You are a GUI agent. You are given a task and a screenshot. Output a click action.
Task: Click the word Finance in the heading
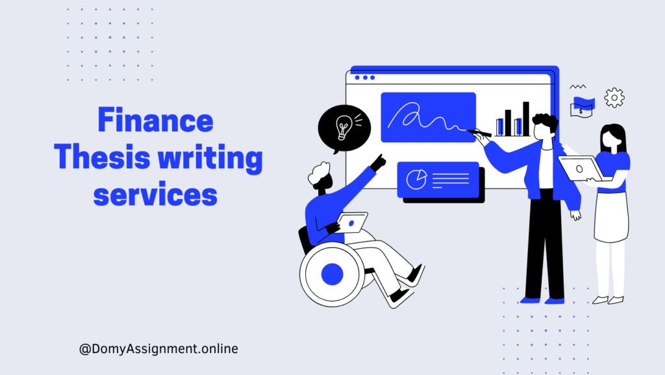(155, 120)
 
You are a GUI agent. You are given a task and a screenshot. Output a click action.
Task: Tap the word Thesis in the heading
(102, 157)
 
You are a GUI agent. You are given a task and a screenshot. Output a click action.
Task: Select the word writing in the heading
(210, 159)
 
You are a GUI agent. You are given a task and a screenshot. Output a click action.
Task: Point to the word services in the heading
(155, 195)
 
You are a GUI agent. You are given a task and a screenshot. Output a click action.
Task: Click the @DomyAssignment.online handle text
(158, 349)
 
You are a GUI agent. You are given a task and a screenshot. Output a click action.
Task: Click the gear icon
(614, 97)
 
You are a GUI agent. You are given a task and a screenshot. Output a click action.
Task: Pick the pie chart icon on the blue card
(416, 179)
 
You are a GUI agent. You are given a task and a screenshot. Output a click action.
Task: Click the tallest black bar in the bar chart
(526, 119)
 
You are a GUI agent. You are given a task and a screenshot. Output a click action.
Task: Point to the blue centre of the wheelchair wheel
(332, 274)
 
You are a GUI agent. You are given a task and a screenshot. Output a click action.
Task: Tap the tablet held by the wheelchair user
(352, 223)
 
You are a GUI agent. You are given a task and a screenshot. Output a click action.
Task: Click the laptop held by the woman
(580, 168)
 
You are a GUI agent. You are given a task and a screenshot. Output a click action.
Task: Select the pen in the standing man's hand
(479, 133)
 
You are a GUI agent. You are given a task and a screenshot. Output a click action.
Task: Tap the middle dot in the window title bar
(365, 77)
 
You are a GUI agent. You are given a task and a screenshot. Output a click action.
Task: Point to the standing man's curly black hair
(546, 121)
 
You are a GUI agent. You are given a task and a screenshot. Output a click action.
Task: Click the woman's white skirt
(610, 217)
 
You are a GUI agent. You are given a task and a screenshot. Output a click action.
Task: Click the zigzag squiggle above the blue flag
(577, 86)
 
